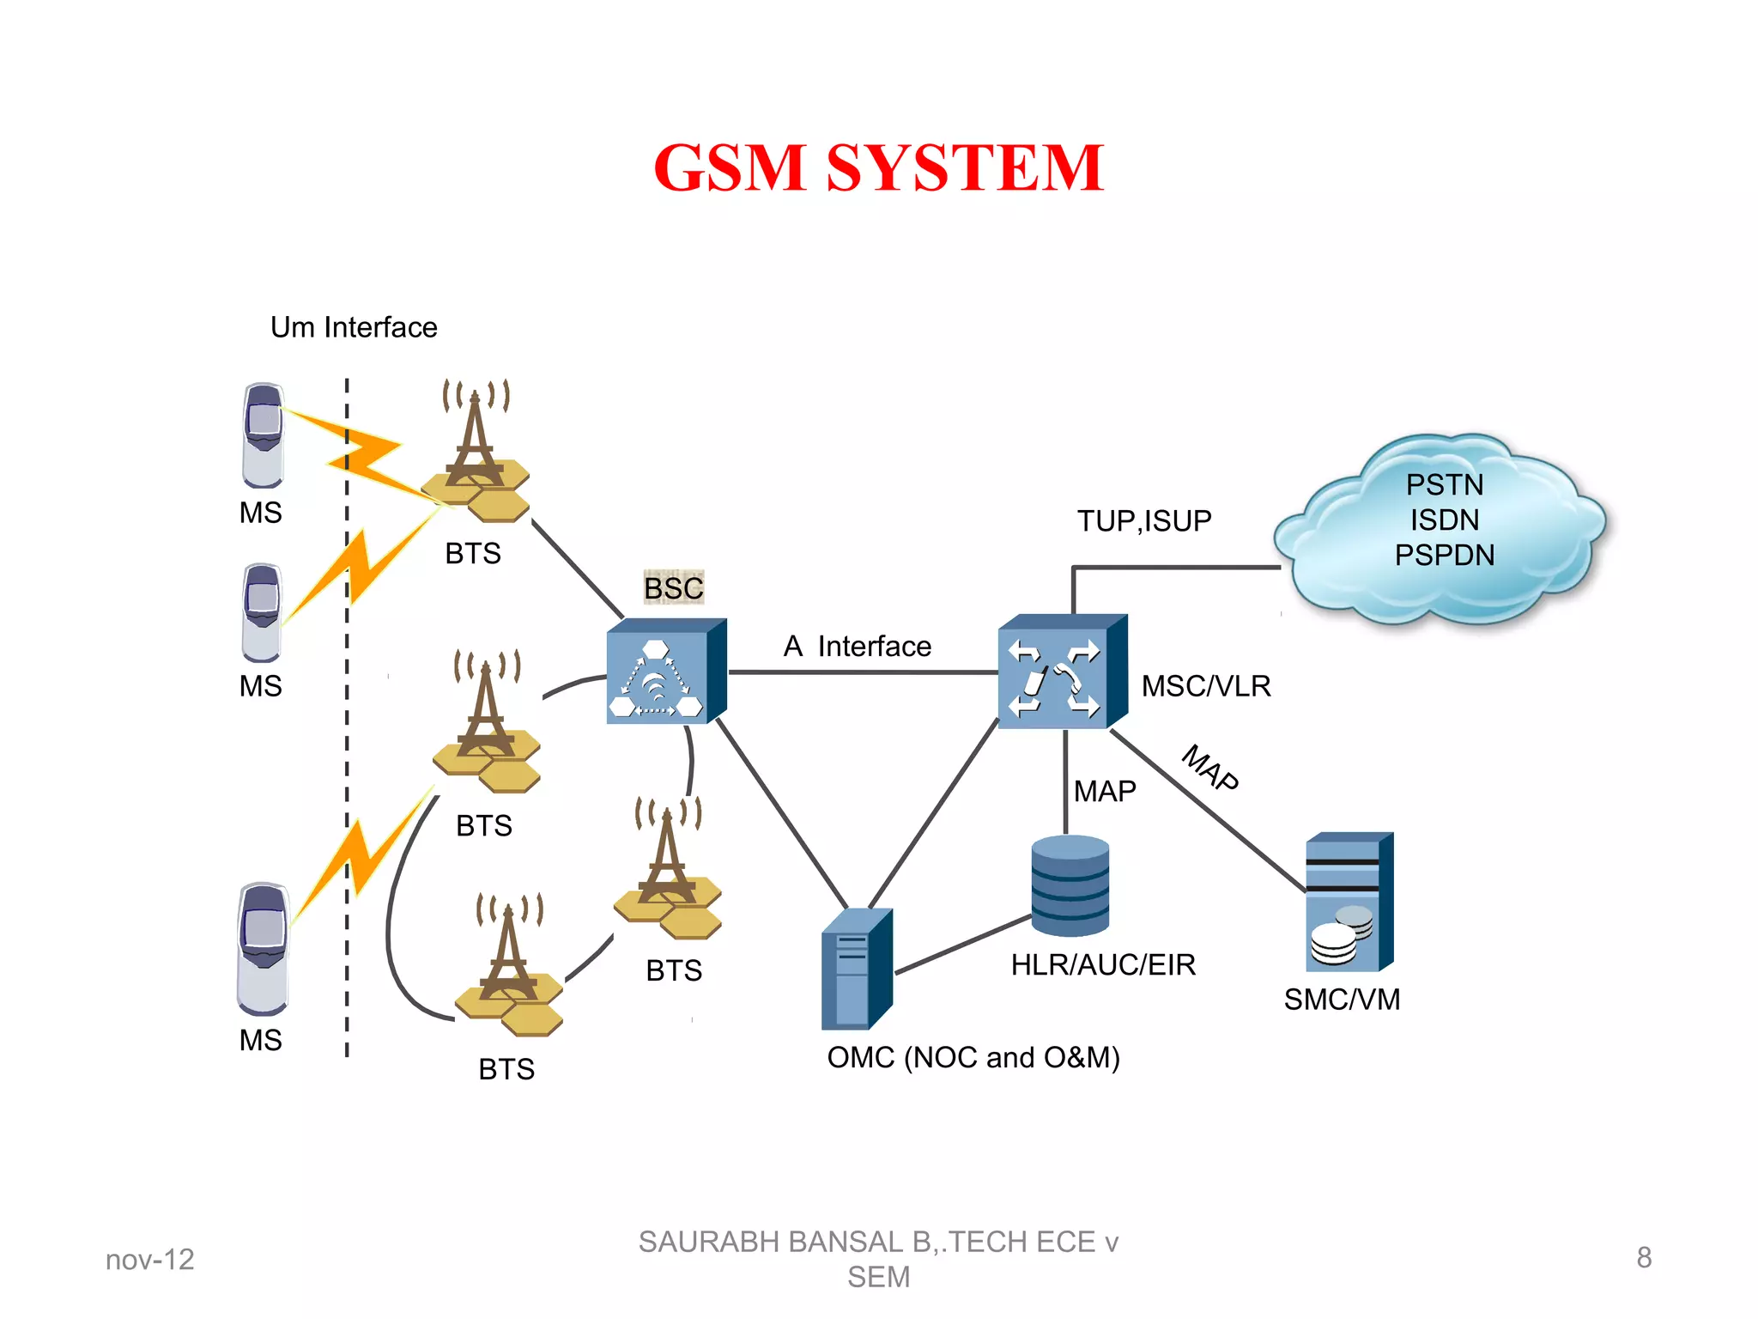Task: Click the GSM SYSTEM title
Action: pos(878,167)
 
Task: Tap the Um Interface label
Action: pos(354,327)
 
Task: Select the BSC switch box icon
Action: pos(665,672)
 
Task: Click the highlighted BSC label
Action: pos(674,588)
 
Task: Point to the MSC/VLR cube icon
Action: pos(1061,672)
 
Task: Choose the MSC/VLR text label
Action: pos(1205,686)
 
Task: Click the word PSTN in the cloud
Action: pos(1444,484)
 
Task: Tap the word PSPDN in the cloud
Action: pos(1444,556)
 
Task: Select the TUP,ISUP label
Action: pos(1144,520)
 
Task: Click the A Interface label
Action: pos(857,646)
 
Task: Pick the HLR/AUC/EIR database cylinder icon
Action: pos(1070,885)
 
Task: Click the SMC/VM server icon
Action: pos(1349,902)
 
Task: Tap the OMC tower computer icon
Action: pos(856,969)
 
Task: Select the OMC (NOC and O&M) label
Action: pos(973,1057)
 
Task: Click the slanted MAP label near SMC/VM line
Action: pos(1210,768)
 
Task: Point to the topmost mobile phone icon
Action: pos(263,435)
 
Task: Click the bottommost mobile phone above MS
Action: pos(263,948)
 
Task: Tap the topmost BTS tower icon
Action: pos(477,452)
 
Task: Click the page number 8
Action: pos(1643,1258)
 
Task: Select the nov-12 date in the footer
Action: pos(150,1260)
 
